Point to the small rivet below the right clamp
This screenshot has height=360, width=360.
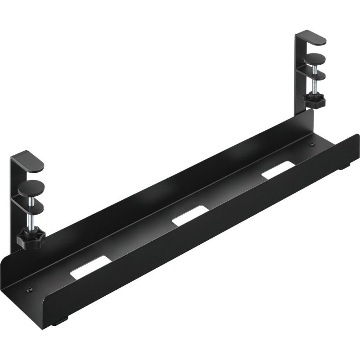coord(312,145)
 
